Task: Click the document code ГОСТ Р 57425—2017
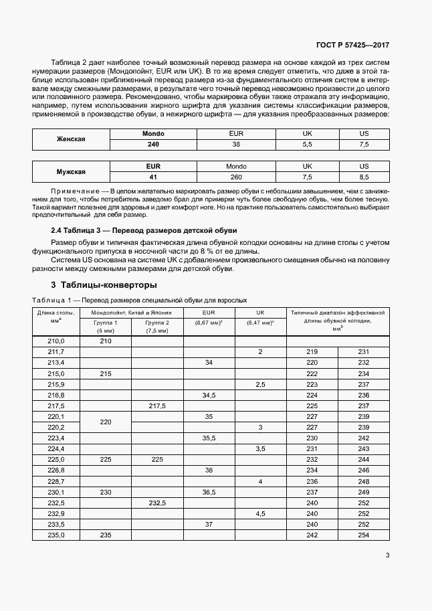[x=353, y=46]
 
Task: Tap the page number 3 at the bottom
[x=387, y=555]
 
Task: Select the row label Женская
[x=70, y=139]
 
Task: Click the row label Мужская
[x=70, y=171]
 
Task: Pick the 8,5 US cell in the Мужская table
[x=364, y=177]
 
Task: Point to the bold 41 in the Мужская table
[x=153, y=177]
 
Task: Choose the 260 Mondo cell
[x=236, y=177]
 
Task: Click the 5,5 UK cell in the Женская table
[x=308, y=145]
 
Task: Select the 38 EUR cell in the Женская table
[x=236, y=145]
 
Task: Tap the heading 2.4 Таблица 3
[x=140, y=230]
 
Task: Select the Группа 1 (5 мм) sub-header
[x=106, y=326]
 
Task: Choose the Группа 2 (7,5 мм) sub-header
[x=157, y=326]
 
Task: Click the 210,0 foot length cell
[x=56, y=341]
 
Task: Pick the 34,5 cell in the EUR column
[x=209, y=395]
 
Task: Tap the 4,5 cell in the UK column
[x=260, y=513]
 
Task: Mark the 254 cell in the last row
[x=364, y=535]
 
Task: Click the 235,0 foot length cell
[x=56, y=535]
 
